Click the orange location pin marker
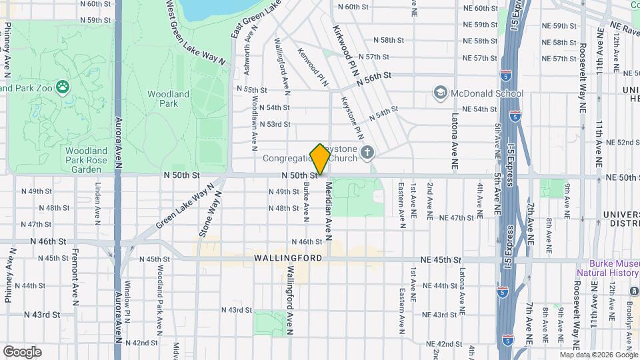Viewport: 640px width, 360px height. click(320, 159)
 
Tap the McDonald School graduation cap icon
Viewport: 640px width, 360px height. click(439, 93)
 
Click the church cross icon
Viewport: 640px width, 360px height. click(367, 154)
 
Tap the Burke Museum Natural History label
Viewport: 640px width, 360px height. click(608, 268)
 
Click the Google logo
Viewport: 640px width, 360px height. click(22, 352)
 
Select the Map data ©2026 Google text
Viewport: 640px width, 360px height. click(599, 355)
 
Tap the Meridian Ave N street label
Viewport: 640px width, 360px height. click(328, 207)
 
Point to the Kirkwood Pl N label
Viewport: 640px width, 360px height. click(344, 51)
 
